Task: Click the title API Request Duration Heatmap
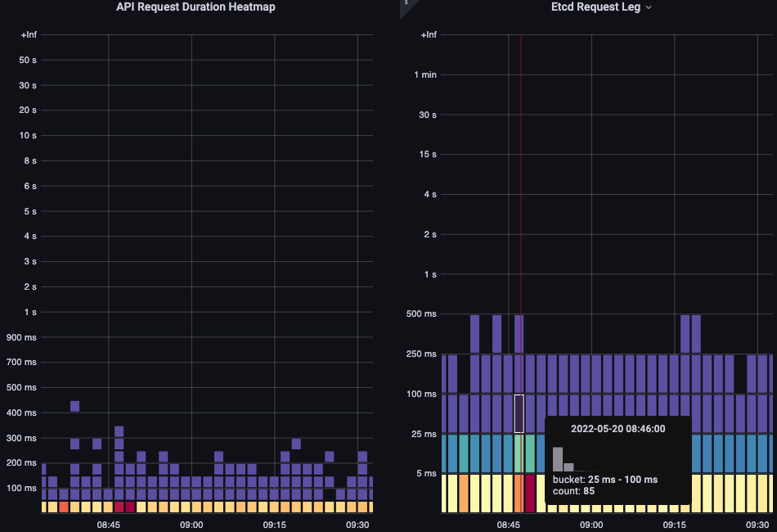195,7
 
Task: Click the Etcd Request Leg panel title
596,7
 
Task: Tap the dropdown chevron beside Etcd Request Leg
649,7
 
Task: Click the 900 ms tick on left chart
21,337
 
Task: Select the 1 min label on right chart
425,74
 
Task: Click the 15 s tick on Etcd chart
428,154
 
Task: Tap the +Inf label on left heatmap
29,35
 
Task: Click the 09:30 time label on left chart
357,525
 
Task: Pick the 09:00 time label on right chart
591,525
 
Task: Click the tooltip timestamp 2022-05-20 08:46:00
618,429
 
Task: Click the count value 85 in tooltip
588,491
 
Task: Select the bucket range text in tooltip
605,480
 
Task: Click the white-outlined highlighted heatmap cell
519,413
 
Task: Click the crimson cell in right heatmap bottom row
530,493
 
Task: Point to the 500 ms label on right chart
423,314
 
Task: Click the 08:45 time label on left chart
109,525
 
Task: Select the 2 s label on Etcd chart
429,234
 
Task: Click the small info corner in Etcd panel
404,3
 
